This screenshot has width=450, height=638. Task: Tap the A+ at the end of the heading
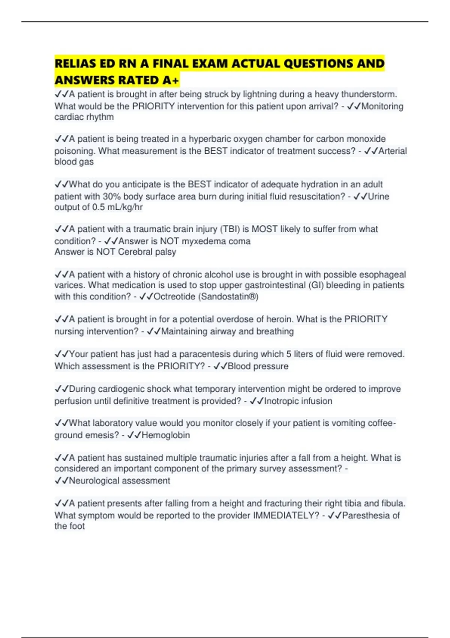[x=171, y=80]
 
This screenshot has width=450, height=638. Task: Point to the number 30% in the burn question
[x=112, y=196]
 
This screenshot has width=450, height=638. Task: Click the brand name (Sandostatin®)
[x=228, y=296]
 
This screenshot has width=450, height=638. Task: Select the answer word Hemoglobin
[x=166, y=435]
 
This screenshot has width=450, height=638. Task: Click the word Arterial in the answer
[x=393, y=151]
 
